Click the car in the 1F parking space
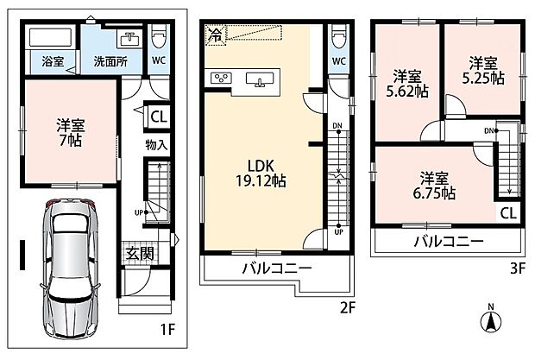point(71,268)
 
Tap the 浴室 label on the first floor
point(53,62)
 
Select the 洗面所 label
point(110,62)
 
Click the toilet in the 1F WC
point(158,37)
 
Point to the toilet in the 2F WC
point(338,37)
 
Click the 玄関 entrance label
point(140,253)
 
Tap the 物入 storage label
point(156,145)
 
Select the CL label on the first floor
point(159,117)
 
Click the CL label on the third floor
point(508,213)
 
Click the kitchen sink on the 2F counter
point(260,79)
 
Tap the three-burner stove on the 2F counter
point(221,79)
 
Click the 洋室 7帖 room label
point(71,132)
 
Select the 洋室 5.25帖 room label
point(483,71)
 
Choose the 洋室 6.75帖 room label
point(434,186)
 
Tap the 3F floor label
point(518,269)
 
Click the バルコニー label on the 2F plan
point(277,268)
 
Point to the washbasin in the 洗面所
point(129,38)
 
